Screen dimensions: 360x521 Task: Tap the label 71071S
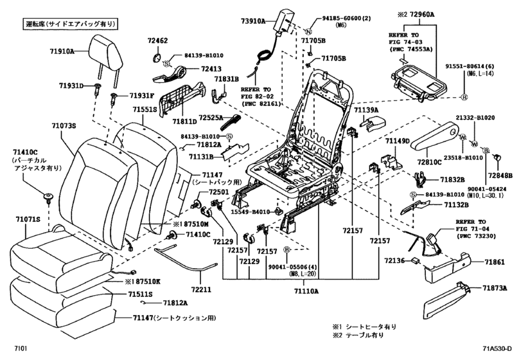pyautogui.click(x=28, y=219)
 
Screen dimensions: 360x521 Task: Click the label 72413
pyautogui.click(x=193, y=67)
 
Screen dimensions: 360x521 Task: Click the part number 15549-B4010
pyautogui.click(x=250, y=211)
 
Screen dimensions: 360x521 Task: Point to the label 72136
pyautogui.click(x=394, y=260)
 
